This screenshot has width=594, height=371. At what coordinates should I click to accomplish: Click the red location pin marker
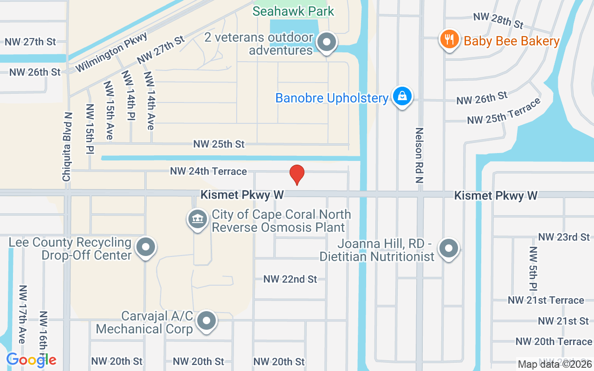pos(297,175)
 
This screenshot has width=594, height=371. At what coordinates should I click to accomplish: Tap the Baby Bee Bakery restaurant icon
pos(449,39)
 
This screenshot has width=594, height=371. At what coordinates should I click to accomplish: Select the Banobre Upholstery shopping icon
pos(402,96)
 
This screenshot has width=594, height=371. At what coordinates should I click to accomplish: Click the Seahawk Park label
pos(293,11)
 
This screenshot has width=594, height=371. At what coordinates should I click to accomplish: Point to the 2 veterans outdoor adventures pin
pos(327,43)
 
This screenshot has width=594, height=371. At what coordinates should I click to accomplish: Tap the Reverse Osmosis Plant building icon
pos(197,219)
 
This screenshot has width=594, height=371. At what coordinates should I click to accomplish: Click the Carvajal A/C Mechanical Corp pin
pos(207,320)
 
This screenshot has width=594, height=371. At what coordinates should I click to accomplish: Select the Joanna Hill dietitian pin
pos(448,248)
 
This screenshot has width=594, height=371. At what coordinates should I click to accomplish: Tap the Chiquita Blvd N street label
pos(67,147)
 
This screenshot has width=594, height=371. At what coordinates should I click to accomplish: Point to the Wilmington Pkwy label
pos(111,52)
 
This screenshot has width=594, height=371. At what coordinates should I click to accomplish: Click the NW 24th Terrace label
pos(208,171)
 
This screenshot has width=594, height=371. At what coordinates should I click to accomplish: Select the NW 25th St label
pos(219,144)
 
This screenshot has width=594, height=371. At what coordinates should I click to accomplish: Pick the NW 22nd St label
pos(290,279)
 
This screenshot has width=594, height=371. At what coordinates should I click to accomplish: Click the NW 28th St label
pos(498,20)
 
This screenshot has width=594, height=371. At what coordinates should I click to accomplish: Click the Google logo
pos(31,359)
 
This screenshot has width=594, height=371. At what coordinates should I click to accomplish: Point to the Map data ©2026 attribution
pos(555,364)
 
